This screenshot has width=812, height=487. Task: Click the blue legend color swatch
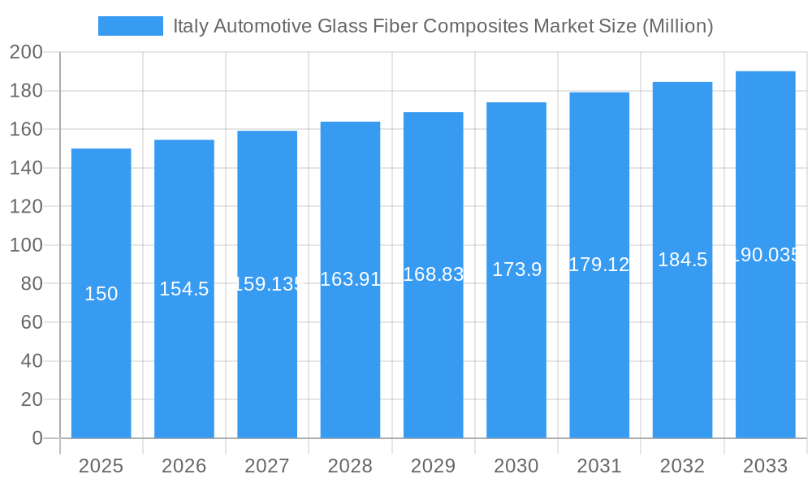tap(130, 26)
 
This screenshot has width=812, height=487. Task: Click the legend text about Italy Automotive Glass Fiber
tap(443, 26)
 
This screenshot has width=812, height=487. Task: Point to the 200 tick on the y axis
tap(26, 53)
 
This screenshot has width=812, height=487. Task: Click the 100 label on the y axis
tap(26, 245)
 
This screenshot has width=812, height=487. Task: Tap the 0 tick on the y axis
tap(37, 438)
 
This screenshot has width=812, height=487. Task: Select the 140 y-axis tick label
tap(26, 168)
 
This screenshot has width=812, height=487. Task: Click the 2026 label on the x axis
tap(184, 466)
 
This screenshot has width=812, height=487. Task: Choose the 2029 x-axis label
tap(433, 466)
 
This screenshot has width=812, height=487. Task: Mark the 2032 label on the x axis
tap(682, 466)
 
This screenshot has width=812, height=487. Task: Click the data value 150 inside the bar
tap(101, 294)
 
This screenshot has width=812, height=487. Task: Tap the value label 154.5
tap(184, 289)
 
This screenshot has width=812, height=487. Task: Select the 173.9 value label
tap(516, 269)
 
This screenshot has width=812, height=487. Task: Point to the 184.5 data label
tap(682, 260)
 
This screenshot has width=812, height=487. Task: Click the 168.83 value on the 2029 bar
tap(433, 274)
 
